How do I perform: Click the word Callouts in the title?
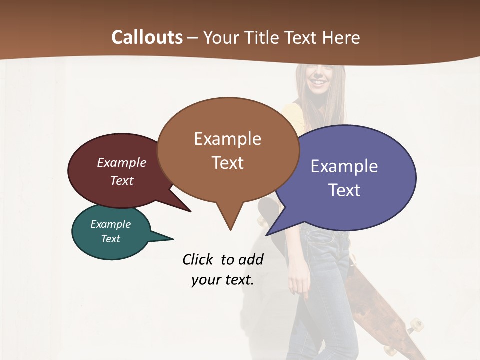click(147, 37)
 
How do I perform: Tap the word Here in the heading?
click(340, 37)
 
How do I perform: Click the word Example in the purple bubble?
click(344, 166)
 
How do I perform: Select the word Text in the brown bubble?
click(228, 163)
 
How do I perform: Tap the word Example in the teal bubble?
click(110, 224)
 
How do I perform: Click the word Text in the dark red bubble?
click(121, 180)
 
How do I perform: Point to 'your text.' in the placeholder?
click(223, 280)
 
